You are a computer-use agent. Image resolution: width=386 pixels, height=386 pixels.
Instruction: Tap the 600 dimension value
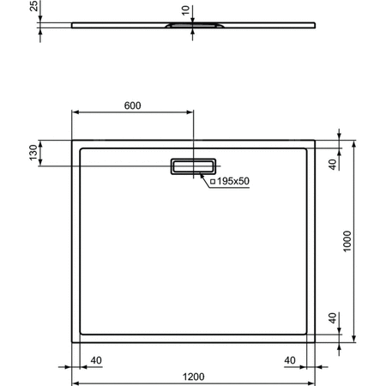point(132,106)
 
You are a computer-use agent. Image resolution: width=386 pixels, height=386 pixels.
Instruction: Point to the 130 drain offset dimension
point(33,153)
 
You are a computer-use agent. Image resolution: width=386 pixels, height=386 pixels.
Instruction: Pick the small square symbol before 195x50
point(211,181)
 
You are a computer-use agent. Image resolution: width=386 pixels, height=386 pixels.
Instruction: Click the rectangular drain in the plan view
point(194,166)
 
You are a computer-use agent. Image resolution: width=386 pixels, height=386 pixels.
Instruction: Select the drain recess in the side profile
point(194,27)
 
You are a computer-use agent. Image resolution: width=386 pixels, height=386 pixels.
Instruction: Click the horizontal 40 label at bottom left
point(97,360)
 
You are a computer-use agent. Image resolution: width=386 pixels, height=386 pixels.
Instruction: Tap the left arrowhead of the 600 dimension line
point(74,112)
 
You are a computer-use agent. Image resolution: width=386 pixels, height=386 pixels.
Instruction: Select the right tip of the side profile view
point(316,23)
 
